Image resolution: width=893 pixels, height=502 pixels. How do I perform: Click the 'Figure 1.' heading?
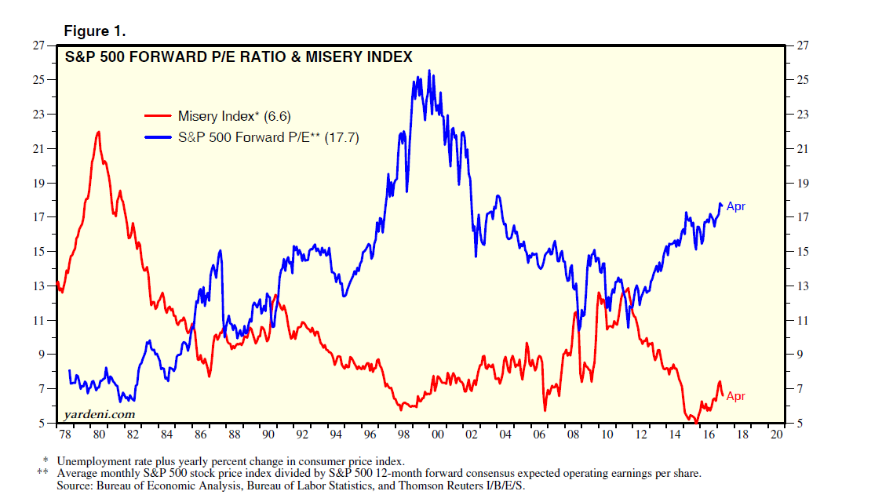pos(95,31)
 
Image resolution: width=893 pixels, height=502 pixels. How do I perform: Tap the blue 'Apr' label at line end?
pos(735,206)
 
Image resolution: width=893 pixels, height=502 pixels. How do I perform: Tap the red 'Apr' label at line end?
pos(735,396)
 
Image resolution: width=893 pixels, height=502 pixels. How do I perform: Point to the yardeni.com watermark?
pos(99,413)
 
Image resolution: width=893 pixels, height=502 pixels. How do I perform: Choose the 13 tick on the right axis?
pos(802,286)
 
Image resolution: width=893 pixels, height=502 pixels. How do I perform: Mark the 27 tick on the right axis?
pos(802,45)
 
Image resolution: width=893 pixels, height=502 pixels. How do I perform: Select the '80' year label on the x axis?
pos(98,434)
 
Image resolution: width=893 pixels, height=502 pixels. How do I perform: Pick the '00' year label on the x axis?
pos(439,434)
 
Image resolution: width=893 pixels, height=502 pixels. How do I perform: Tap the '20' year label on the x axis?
pos(778,434)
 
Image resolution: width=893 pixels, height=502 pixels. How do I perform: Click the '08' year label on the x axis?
pos(574,434)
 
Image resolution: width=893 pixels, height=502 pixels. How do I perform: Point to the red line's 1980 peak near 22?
pos(98,132)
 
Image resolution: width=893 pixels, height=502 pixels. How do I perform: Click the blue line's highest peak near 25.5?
pos(428,71)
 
